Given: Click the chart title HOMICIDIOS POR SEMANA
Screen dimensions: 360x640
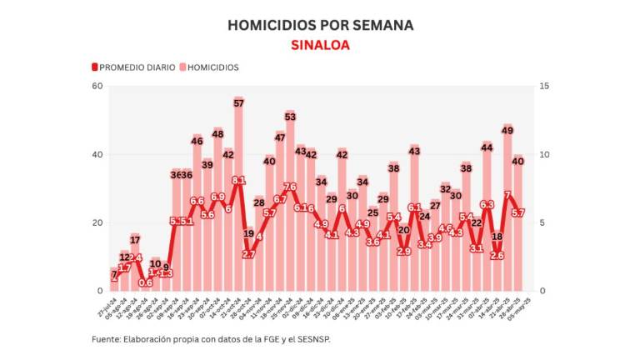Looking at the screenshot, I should click(320, 26).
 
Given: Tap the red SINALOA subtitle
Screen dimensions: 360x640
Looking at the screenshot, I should click(320, 45).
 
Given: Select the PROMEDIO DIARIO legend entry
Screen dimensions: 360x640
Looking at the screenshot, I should click(135, 67).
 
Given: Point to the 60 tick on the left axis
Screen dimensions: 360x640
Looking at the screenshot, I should click(97, 87).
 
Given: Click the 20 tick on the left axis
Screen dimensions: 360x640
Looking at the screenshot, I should click(97, 222).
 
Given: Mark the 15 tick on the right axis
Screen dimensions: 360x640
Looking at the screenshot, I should click(544, 87).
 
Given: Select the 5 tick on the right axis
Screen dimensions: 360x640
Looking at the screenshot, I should click(544, 222).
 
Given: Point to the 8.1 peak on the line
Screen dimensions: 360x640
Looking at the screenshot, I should click(239, 180).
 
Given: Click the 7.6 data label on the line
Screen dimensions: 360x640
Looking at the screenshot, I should click(290, 187).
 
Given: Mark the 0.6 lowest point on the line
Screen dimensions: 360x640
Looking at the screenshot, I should click(146, 282).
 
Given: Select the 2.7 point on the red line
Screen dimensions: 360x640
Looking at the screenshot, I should click(249, 254).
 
